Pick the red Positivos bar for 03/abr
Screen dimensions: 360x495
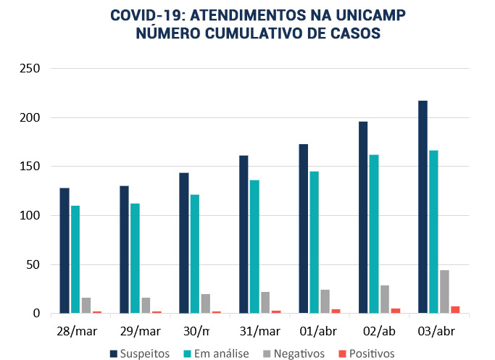coord(455,310)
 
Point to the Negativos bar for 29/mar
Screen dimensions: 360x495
coord(146,306)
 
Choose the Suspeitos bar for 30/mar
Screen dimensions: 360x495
coord(184,243)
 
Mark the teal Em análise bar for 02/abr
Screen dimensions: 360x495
coord(374,234)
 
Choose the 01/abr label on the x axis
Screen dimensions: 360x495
coord(319,331)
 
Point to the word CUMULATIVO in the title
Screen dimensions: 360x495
coord(249,33)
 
